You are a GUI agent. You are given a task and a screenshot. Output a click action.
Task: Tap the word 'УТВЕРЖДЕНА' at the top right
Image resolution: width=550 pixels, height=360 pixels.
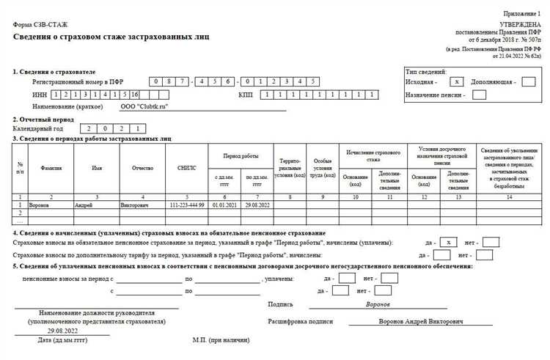point(521,25)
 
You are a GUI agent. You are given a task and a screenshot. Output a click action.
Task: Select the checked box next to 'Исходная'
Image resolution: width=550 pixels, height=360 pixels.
point(457,81)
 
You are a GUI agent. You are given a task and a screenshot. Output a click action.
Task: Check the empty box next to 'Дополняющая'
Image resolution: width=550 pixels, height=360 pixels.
point(528,81)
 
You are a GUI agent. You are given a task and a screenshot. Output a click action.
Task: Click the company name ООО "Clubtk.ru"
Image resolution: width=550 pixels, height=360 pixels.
point(144,106)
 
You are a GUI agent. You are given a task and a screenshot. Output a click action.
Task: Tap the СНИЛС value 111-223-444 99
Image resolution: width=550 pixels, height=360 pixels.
point(187,205)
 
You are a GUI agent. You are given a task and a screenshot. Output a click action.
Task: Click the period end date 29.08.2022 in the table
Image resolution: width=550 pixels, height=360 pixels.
point(257,205)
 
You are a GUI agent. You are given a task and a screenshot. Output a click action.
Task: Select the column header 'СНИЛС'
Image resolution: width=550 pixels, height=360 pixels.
point(187,168)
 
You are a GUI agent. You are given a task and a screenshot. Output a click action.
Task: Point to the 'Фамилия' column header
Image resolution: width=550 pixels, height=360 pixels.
point(51,168)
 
